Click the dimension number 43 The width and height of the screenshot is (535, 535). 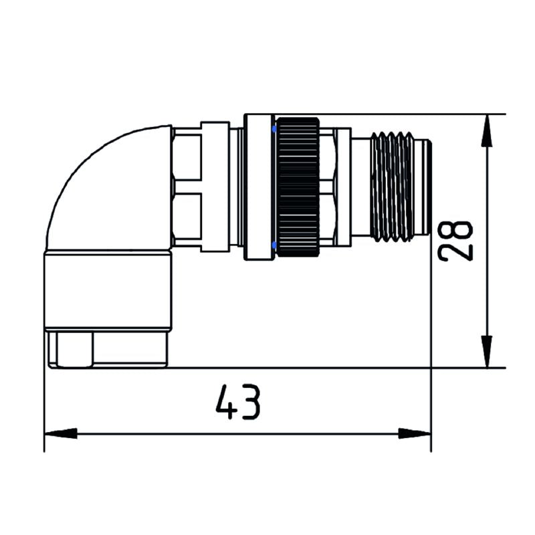tap(237, 402)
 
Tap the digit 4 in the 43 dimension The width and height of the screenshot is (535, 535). tap(225, 402)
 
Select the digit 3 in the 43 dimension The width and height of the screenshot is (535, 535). tap(249, 402)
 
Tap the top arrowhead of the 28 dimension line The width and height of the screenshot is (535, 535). tap(490, 130)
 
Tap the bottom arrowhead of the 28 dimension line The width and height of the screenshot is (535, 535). tap(490, 352)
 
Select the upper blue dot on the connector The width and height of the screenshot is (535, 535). tap(274, 127)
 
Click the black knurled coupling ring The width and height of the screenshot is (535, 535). tap(298, 187)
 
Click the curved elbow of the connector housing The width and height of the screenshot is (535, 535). tap(100, 181)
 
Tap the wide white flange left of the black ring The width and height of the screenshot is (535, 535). tap(258, 187)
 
